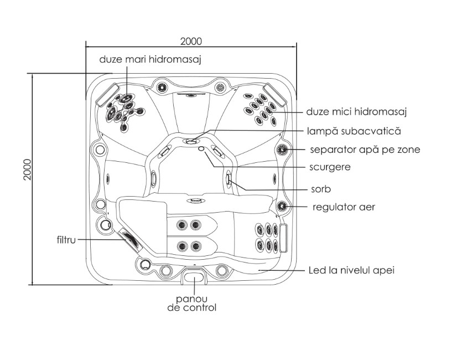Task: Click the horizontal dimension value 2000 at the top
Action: [191, 42]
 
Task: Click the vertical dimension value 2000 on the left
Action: [28, 169]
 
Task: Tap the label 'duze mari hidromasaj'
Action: [150, 60]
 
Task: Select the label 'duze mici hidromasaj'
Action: [356, 112]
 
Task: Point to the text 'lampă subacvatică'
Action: [354, 131]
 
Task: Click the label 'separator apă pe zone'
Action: [365, 150]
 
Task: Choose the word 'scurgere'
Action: [330, 167]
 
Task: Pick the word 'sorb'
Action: [321, 189]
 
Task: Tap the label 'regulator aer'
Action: [344, 207]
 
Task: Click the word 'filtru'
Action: [66, 240]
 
